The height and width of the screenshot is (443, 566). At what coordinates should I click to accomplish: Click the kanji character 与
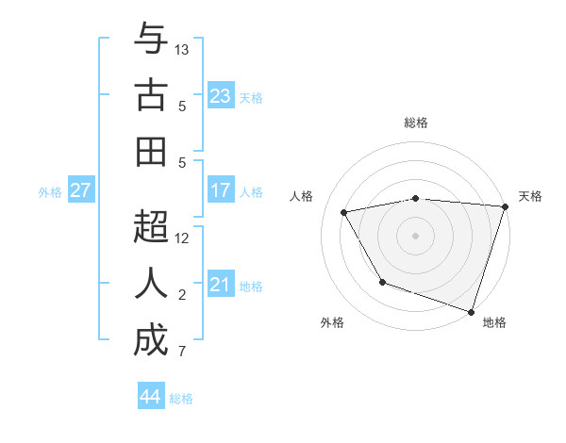pos(151,41)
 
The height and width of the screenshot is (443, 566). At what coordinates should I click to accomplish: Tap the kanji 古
pos(151,97)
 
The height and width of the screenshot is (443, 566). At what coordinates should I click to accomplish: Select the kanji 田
pos(151,152)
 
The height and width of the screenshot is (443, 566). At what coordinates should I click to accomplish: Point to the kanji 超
pos(151,229)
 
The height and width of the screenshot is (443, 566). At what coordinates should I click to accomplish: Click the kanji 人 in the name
pos(151,284)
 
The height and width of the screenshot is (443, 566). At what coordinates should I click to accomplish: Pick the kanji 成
pos(151,340)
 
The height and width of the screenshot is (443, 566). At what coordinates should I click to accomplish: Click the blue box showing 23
pos(221,95)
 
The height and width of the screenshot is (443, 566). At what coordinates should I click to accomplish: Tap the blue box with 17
pos(221,190)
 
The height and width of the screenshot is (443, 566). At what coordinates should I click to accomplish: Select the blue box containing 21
pos(221,285)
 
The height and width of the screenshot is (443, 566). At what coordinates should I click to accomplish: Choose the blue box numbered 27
pos(81,190)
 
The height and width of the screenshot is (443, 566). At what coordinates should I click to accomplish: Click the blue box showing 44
pos(150,397)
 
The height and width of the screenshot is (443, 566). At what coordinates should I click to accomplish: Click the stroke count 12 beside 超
pos(182,238)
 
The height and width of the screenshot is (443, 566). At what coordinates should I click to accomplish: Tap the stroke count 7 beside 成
pos(182,352)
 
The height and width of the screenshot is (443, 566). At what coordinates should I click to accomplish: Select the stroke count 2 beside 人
pos(182,295)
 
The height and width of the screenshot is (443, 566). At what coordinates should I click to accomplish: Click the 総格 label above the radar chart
pos(415,123)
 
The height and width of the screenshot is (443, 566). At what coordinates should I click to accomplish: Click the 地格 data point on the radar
pos(471,311)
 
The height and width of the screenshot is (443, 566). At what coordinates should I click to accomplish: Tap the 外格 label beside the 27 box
pos(50,191)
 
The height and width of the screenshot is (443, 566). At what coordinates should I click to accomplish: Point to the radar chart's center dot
pos(415,235)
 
